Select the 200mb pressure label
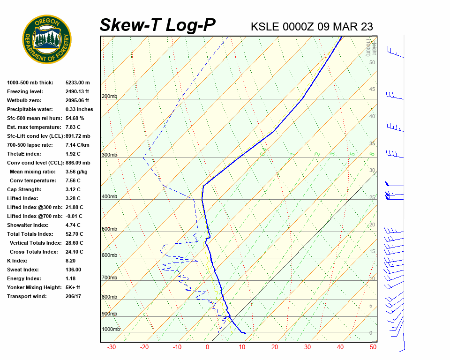pos(109,97)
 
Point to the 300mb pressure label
pos(109,155)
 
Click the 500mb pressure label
pos(109,229)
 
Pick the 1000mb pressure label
pos(111,330)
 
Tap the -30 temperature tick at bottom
pos(112,347)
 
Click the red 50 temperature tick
pos(373,347)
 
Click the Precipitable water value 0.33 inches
pos(79,109)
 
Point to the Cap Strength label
pos(24,189)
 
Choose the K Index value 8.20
pos(70,261)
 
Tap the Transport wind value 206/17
pos(74,296)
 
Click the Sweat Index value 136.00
pos(73,270)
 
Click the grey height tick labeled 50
pos(372,62)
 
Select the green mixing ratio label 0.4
pos(264,151)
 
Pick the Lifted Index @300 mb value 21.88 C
pos(75,207)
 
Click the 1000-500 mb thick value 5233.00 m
pos(78,82)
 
